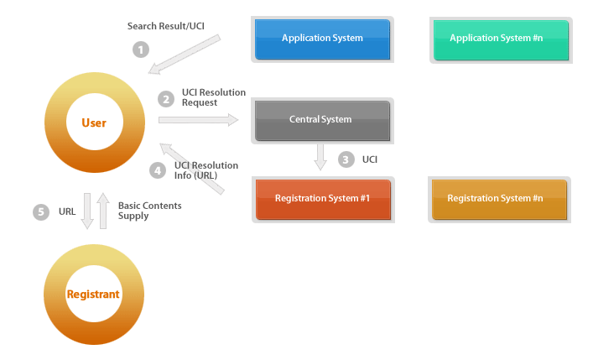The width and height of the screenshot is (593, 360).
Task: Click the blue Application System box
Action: click(322, 39)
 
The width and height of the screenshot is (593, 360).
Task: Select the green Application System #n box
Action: click(501, 39)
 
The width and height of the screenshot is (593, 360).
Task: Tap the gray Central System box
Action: click(322, 120)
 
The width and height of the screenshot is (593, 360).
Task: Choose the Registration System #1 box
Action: click(323, 199)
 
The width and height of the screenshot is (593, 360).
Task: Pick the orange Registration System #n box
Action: click(500, 199)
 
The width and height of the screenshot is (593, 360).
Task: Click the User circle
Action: click(94, 123)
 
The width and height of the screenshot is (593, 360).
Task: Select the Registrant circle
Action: click(94, 295)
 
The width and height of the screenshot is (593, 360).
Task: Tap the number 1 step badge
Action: click(141, 50)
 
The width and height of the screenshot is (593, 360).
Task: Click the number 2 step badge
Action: click(166, 99)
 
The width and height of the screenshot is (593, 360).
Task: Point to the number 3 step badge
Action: click(346, 159)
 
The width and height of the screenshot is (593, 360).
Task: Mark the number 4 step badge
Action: click(158, 170)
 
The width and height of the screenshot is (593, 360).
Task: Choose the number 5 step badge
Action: click(41, 211)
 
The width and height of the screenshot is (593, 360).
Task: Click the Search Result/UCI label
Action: click(166, 26)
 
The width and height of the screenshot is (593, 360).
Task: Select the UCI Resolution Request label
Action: click(213, 97)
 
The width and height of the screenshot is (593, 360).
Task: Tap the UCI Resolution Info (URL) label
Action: click(206, 170)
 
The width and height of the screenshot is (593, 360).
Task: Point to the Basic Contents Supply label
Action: click(149, 211)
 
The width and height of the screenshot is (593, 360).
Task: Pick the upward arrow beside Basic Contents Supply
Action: click(102, 211)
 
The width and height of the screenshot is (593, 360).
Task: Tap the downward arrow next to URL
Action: click(87, 211)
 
